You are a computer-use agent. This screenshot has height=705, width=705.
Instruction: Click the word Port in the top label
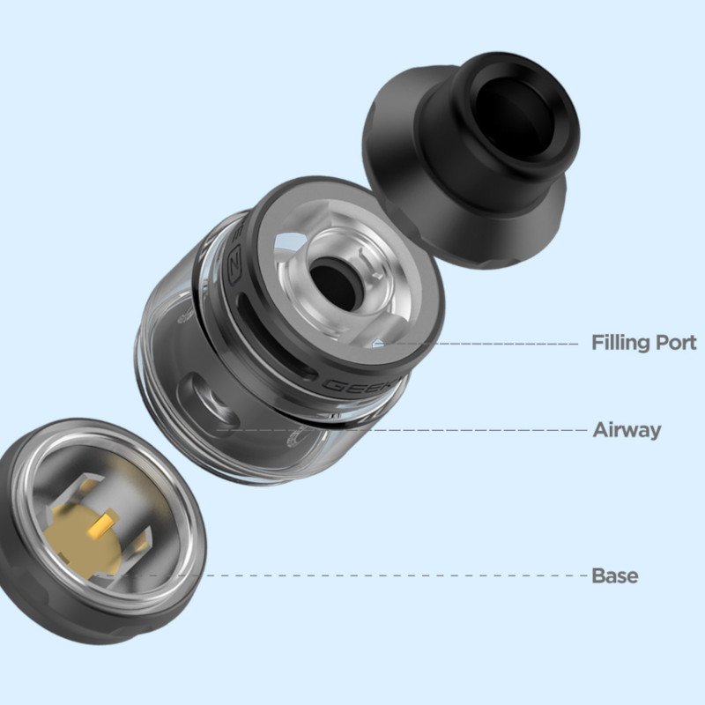675,343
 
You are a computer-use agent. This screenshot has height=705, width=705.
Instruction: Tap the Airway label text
627,431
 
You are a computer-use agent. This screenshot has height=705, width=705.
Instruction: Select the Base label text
614,576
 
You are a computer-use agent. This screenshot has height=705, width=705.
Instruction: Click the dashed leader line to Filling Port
493,343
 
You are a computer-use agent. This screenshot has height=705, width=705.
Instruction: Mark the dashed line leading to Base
397,576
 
